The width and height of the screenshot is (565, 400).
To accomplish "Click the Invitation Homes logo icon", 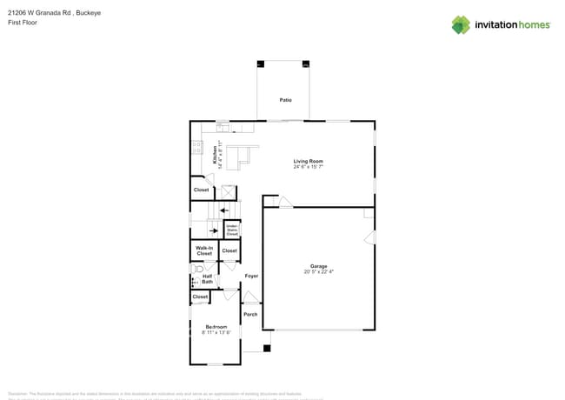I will pos(461,24).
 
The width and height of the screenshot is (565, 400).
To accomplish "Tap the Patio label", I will pos(285,101).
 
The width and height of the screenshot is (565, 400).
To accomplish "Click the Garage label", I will pos(319,266).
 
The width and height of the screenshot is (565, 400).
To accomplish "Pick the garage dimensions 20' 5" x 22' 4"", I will pos(319,272).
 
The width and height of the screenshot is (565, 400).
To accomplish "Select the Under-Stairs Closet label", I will pos(232,231).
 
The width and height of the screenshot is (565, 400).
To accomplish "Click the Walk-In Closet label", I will pos(203,251).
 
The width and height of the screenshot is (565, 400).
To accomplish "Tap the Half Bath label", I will pos(208,279).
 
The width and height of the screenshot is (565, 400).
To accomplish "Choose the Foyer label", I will pos(251,276).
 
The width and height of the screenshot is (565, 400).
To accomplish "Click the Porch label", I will pos(250,314).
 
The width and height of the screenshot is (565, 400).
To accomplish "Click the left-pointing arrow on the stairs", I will pos(223,210).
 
